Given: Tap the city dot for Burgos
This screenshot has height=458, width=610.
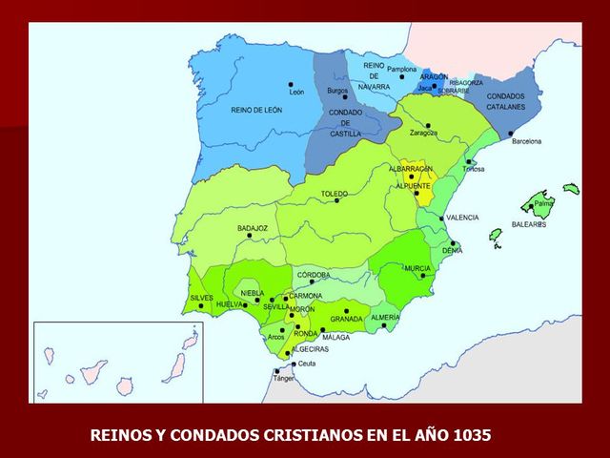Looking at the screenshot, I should [x=344, y=96].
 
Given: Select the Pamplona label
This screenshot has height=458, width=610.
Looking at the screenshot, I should [x=401, y=70].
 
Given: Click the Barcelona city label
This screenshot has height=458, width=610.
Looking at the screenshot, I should [x=526, y=141].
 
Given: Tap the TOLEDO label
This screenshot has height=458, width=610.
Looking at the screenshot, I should [x=334, y=194].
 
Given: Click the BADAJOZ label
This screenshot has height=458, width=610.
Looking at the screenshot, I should [x=253, y=229].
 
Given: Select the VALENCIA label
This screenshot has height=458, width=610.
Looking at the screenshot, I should [x=462, y=218].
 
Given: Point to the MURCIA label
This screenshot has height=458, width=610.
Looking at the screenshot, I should [x=417, y=269].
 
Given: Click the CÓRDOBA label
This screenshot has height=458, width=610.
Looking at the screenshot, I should [x=314, y=275].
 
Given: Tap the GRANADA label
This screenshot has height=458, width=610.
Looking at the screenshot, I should [x=346, y=319].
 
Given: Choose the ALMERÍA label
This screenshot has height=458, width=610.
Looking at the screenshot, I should [x=385, y=316].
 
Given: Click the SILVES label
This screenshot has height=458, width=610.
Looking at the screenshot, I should [x=202, y=298].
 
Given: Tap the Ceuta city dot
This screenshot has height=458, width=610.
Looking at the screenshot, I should [x=294, y=364].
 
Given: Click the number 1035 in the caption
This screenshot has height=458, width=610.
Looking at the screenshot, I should [x=471, y=435].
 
